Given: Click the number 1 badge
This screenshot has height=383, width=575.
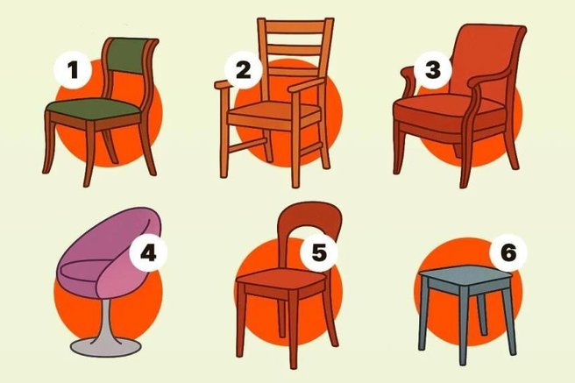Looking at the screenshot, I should click(74, 67).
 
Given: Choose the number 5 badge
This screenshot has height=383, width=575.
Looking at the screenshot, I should click(318, 252).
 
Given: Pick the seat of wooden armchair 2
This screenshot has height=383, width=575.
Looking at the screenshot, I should click(272, 115).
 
